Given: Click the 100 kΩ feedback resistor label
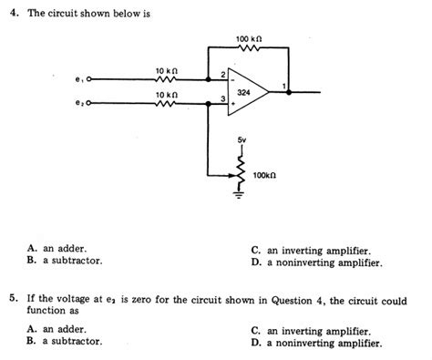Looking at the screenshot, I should (248, 39).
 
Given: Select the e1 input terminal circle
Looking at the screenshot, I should (88, 79).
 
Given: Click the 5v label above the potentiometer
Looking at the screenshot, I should (242, 139).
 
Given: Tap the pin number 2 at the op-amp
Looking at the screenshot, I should (222, 74).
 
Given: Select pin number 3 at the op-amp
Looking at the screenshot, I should (222, 98).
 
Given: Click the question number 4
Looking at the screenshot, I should (11, 15).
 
